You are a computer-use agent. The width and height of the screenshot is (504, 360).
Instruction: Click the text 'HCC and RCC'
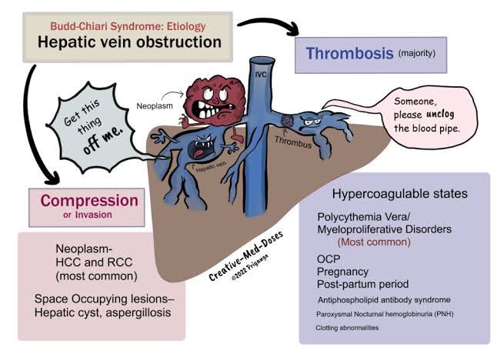click(91, 265)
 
